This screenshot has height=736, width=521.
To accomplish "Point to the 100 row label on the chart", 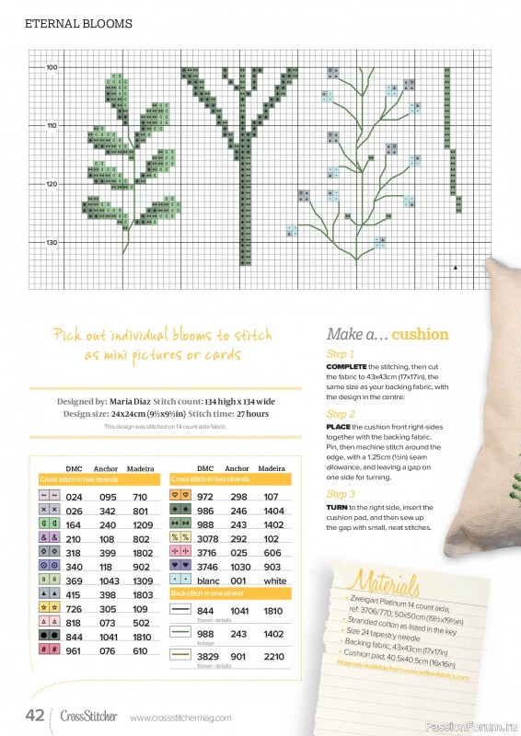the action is pyautogui.click(x=52, y=67).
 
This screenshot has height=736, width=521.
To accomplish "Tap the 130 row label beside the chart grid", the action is pyautogui.click(x=52, y=242).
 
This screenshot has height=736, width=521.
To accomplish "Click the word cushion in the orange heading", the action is pyautogui.click(x=420, y=334).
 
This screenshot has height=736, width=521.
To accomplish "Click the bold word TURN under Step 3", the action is pyautogui.click(x=339, y=509).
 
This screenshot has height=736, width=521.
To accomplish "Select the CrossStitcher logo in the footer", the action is pyautogui.click(x=89, y=716).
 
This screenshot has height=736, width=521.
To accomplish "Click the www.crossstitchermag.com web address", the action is pyautogui.click(x=180, y=718).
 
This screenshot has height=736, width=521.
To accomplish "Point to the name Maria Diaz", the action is pyautogui.click(x=136, y=402).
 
